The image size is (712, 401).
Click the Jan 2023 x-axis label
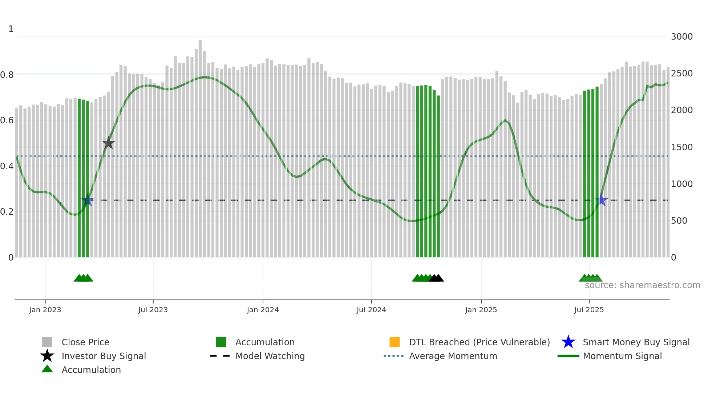click(45, 310)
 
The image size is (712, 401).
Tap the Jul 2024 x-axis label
click(371, 310)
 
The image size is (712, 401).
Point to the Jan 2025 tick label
click(481, 310)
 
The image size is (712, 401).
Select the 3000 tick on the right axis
click(682, 37)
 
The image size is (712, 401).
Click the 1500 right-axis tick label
click(682, 147)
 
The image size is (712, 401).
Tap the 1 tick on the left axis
click(11, 29)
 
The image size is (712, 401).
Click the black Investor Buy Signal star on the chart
click(108, 143)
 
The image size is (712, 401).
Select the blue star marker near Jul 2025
click(602, 200)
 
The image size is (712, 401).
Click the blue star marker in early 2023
click(88, 200)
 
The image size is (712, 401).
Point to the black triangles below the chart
click(436, 278)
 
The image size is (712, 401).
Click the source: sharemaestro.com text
click(642, 285)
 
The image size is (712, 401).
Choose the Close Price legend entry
click(85, 342)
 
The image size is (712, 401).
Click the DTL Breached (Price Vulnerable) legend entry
click(479, 342)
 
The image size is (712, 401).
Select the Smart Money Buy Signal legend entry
click(636, 342)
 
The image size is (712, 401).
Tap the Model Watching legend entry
click(270, 356)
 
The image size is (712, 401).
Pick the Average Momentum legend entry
click(453, 356)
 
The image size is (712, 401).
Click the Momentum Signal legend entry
click(622, 356)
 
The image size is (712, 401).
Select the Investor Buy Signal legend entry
click(104, 356)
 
